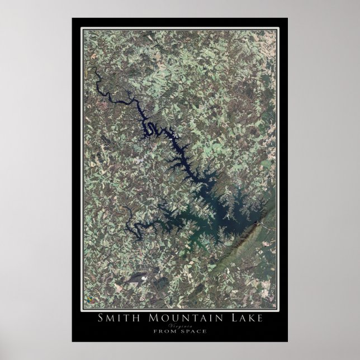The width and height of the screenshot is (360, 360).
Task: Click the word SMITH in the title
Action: point(115,319)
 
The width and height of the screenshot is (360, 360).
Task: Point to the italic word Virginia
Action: point(180,325)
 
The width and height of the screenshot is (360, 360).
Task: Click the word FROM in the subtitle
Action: point(162,331)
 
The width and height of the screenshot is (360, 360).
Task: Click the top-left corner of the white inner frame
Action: point(82,29)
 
